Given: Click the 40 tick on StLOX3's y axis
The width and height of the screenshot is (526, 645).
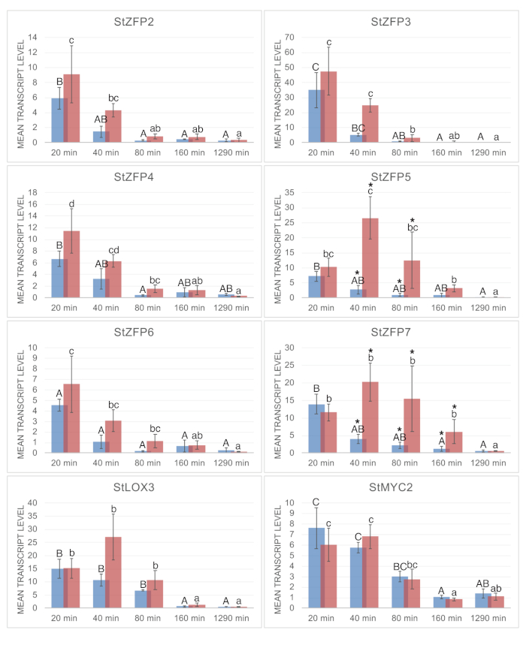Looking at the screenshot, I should point(33,502).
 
